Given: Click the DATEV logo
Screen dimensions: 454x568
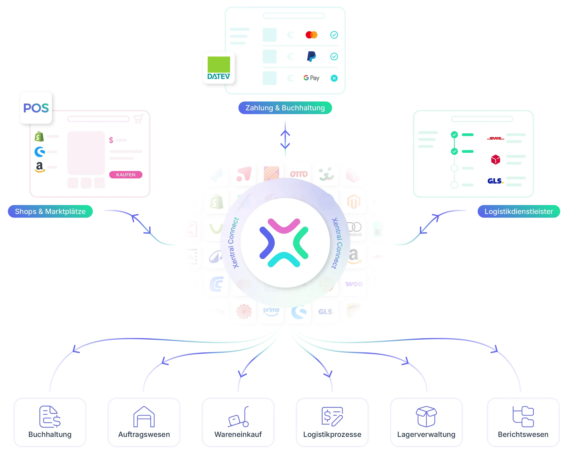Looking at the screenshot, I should click(218, 68).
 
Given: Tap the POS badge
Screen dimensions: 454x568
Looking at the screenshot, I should click(36, 108).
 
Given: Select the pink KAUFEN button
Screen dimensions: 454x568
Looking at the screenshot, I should click(126, 175).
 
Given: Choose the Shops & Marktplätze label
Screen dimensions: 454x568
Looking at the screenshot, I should click(50, 211).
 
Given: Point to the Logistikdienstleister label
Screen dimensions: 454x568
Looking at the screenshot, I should click(518, 211).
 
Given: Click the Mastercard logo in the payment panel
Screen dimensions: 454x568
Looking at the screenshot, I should click(311, 35).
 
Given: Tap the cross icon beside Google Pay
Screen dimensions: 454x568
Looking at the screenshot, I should click(334, 78).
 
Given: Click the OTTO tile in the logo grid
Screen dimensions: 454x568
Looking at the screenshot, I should click(299, 174).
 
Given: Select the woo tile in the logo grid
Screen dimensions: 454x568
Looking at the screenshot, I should click(354, 284).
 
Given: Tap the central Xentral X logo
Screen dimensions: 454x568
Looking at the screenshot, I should click(284, 242).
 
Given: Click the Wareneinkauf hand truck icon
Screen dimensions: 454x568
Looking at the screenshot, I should click(238, 417).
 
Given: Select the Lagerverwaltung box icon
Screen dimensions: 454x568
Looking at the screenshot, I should click(426, 416).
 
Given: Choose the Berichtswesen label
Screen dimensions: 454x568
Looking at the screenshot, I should click(523, 434).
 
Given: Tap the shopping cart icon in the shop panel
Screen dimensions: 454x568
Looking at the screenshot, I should click(138, 119).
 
